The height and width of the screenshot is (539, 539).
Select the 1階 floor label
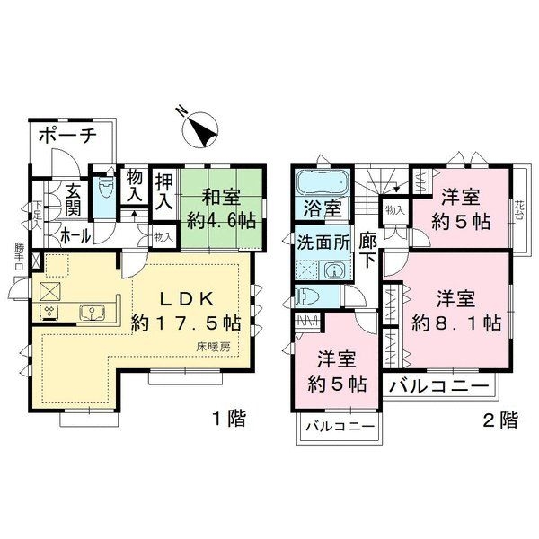229,418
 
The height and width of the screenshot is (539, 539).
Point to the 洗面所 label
323,243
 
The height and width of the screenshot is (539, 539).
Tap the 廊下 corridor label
368,250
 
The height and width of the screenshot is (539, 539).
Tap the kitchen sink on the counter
93,313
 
